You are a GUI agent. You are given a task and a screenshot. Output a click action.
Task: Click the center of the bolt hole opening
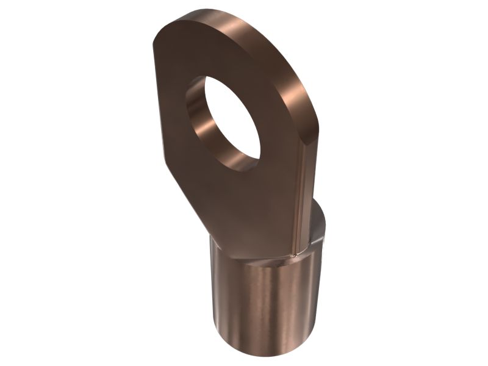pyautogui.click(x=228, y=122)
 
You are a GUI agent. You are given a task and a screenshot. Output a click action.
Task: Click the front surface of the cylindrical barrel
pyautogui.click(x=268, y=305)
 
